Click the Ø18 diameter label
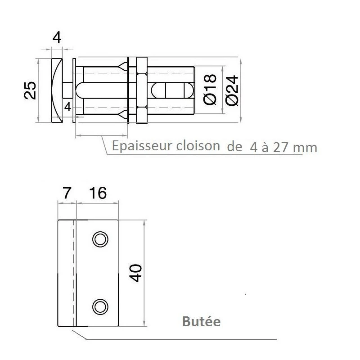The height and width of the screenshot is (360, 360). tap(210, 89)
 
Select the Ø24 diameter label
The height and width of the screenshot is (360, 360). tap(232, 90)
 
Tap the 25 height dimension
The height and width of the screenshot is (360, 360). tap(30, 90)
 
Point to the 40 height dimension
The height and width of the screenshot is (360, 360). tap(135, 273)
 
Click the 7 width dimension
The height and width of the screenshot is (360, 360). tap(66, 193)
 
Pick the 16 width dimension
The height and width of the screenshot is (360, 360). tap(98, 193)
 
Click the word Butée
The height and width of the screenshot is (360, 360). tap(201, 321)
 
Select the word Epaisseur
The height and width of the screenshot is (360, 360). tap(142, 146)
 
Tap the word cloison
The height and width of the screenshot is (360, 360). tap(198, 146)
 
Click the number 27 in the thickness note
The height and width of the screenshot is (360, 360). tap(280, 148)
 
